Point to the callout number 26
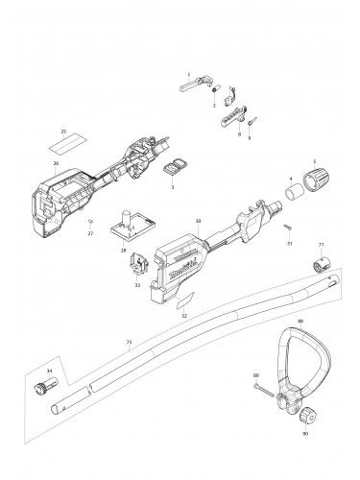tap(56, 163)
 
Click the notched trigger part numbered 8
tap(230, 118)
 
